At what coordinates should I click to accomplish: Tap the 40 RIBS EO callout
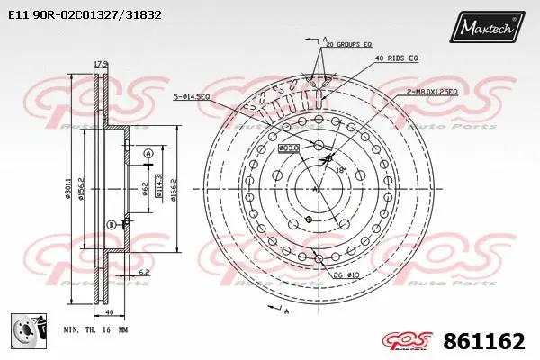pyautogui.click(x=398, y=59)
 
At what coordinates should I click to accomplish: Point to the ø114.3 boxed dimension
pyautogui.click(x=158, y=186)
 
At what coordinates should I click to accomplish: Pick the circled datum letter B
pyautogui.click(x=112, y=224)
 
